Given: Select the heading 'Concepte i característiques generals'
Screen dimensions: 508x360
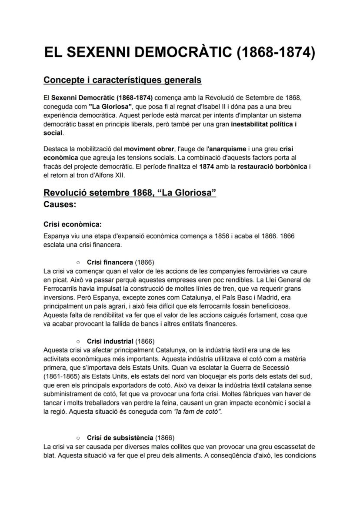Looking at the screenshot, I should pos(122,80).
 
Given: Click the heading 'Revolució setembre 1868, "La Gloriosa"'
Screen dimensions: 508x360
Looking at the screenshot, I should pos(130,193).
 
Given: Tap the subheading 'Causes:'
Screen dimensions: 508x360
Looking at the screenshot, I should pos(60,204).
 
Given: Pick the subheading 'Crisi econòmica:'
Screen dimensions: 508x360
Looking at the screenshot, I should pos(73,225).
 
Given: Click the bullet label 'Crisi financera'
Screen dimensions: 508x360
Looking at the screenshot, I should pos(110,262).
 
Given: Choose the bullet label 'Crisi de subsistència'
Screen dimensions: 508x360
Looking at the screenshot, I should pos(120,438).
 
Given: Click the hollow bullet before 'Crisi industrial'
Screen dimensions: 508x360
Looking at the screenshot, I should pos(78,342).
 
